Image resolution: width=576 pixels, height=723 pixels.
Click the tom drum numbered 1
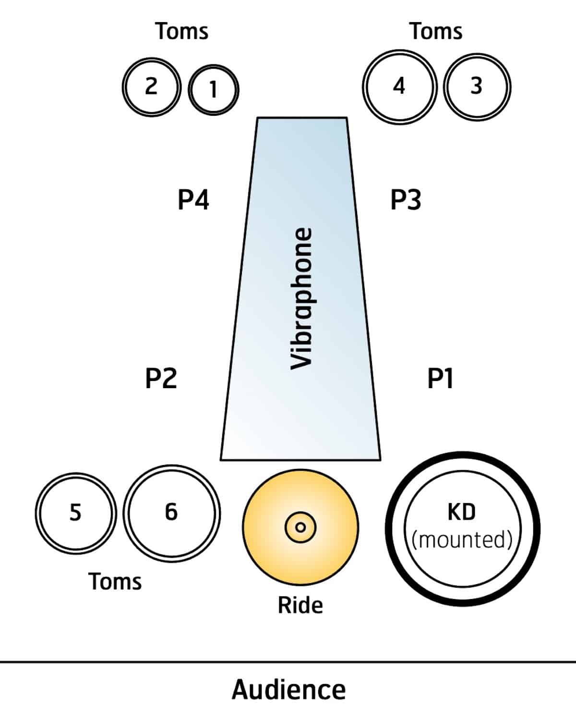click(213, 89)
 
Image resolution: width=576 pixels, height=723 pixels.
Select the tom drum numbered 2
click(151, 86)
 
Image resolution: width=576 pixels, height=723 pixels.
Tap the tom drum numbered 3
click(477, 86)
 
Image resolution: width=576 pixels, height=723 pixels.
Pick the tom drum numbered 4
click(399, 86)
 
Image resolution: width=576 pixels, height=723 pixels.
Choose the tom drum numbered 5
click(75, 513)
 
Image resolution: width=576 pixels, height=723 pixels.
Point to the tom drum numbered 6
click(171, 513)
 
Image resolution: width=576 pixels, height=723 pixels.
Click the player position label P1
click(440, 379)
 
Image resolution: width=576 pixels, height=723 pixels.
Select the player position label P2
click(161, 379)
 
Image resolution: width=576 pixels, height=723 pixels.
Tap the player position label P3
click(406, 200)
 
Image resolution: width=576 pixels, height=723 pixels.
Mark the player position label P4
click(193, 200)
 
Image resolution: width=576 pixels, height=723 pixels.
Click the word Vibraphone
click(302, 298)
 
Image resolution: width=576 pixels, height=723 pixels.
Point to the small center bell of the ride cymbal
click(300, 527)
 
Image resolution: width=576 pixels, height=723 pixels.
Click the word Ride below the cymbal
click(300, 605)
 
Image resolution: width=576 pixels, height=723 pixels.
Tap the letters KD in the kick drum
click(461, 512)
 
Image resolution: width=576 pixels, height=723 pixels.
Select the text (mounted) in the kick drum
click(462, 540)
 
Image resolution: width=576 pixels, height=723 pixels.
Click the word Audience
click(288, 690)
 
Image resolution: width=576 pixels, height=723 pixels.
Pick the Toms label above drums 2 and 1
click(182, 31)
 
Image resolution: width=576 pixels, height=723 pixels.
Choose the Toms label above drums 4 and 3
click(436, 31)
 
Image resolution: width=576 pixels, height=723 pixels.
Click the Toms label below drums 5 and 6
click(115, 581)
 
